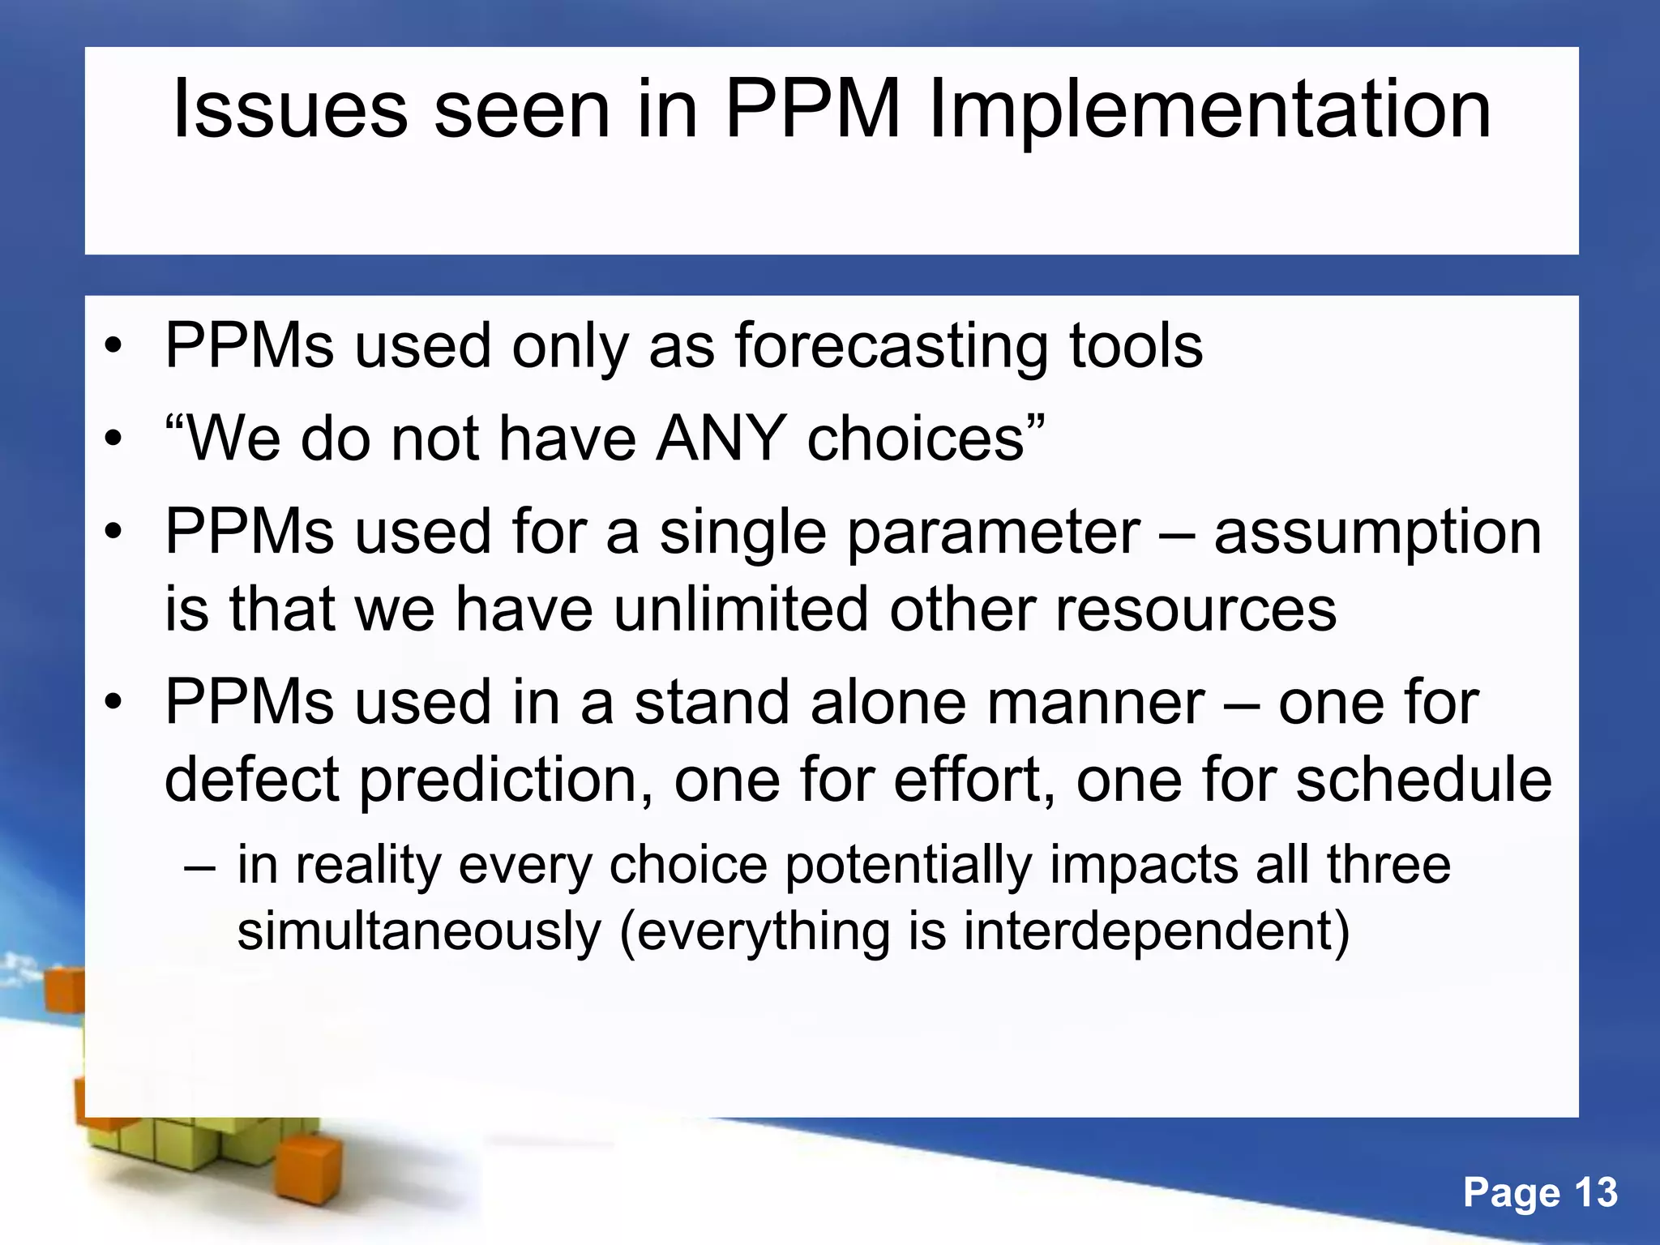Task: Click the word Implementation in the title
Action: click(1209, 109)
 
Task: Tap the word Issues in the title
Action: click(290, 109)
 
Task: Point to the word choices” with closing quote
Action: click(926, 439)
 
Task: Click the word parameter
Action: click(994, 532)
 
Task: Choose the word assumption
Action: click(1378, 533)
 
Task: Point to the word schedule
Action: click(1423, 779)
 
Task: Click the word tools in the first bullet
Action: click(1135, 347)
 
